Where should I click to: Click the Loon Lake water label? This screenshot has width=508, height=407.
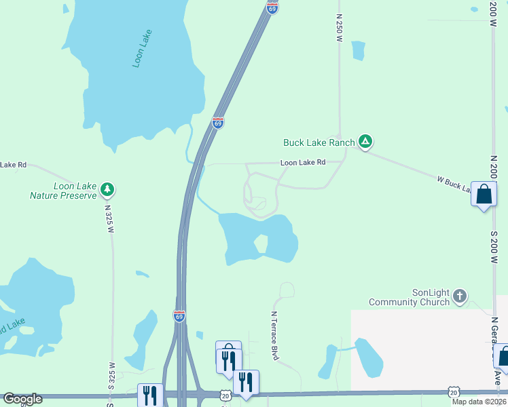tap(143, 48)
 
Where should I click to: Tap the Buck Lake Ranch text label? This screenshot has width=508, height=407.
tap(319, 142)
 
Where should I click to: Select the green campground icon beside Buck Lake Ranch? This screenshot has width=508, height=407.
tap(365, 142)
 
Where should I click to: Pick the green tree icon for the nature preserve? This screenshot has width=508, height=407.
tap(107, 190)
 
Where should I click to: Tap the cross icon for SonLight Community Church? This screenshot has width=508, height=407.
tap(460, 296)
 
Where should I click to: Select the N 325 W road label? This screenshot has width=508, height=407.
tap(109, 218)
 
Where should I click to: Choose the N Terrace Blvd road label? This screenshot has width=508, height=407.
tap(275, 335)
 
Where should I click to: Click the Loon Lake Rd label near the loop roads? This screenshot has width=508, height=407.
tap(303, 163)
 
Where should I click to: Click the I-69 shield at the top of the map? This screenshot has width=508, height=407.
tap(272, 7)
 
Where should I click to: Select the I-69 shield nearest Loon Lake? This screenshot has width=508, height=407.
tap(217, 123)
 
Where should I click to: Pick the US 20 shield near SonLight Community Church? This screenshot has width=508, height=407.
tap(453, 393)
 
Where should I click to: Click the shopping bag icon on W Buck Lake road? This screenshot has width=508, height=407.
tap(484, 195)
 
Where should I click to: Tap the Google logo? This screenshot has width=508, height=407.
tap(22, 399)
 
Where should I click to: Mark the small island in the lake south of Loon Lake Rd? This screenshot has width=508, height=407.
tap(261, 244)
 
